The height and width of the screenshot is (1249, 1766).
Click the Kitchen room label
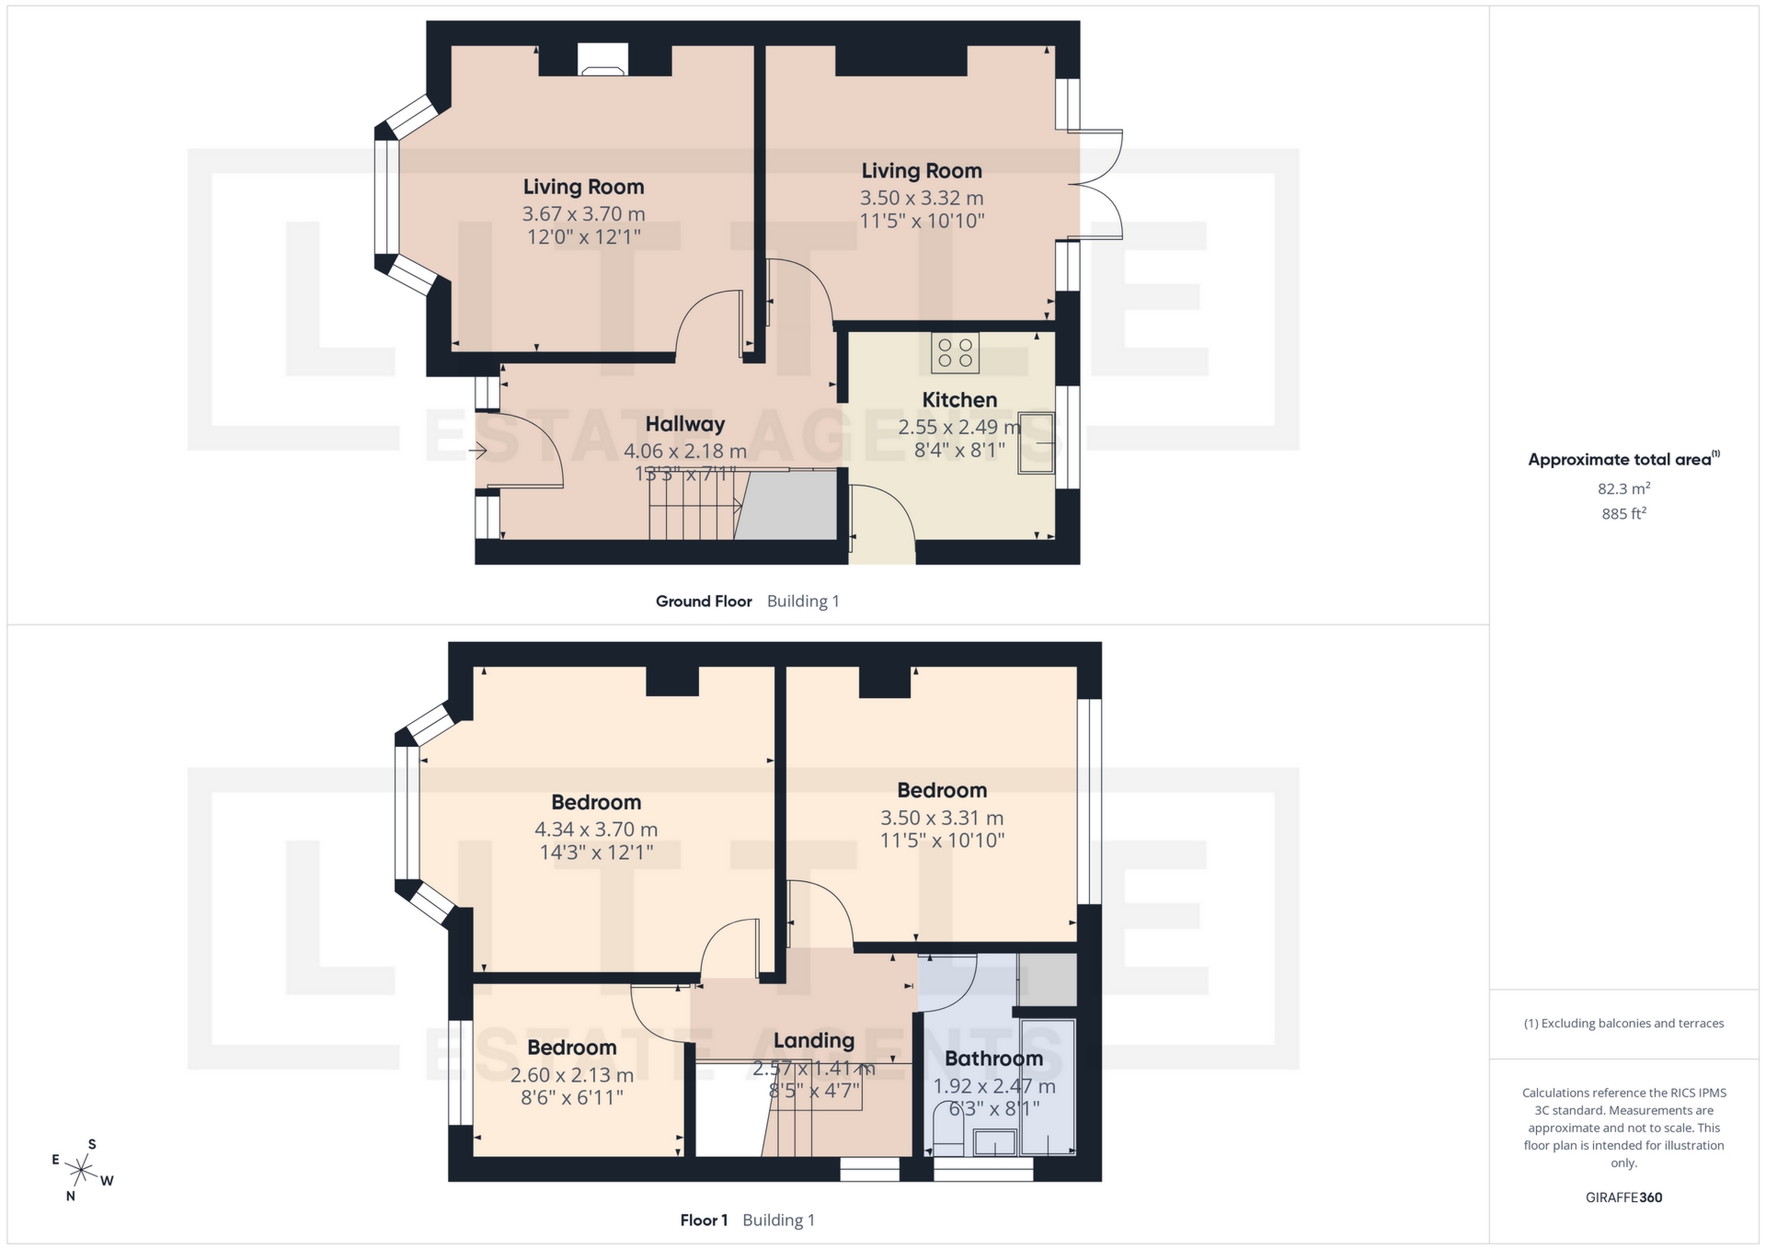[959, 400]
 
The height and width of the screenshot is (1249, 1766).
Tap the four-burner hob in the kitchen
[955, 353]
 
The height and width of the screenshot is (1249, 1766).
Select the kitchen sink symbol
[1037, 444]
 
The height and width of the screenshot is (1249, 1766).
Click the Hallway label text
[684, 424]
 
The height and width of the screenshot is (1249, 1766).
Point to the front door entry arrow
[477, 451]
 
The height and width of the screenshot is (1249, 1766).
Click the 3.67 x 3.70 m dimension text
[583, 214]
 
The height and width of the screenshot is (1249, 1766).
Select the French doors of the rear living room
[1100, 185]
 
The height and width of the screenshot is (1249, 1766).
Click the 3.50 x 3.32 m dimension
[922, 198]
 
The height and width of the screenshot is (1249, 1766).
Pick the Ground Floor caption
[704, 602]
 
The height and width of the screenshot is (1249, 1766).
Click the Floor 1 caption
[704, 1220]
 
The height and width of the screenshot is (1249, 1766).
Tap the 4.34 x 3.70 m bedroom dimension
[596, 830]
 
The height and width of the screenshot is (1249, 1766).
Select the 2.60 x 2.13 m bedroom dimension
[571, 1075]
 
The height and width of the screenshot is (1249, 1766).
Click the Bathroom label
[993, 1059]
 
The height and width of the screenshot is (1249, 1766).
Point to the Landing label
[813, 1041]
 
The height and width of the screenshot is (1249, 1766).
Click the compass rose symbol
[83, 1171]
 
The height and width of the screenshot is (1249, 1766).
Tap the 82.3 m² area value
[1623, 488]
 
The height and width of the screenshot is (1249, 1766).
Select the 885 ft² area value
[1623, 514]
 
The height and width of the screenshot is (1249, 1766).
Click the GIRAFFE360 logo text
[1623, 1197]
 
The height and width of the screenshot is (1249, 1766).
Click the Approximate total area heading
[1620, 460]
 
